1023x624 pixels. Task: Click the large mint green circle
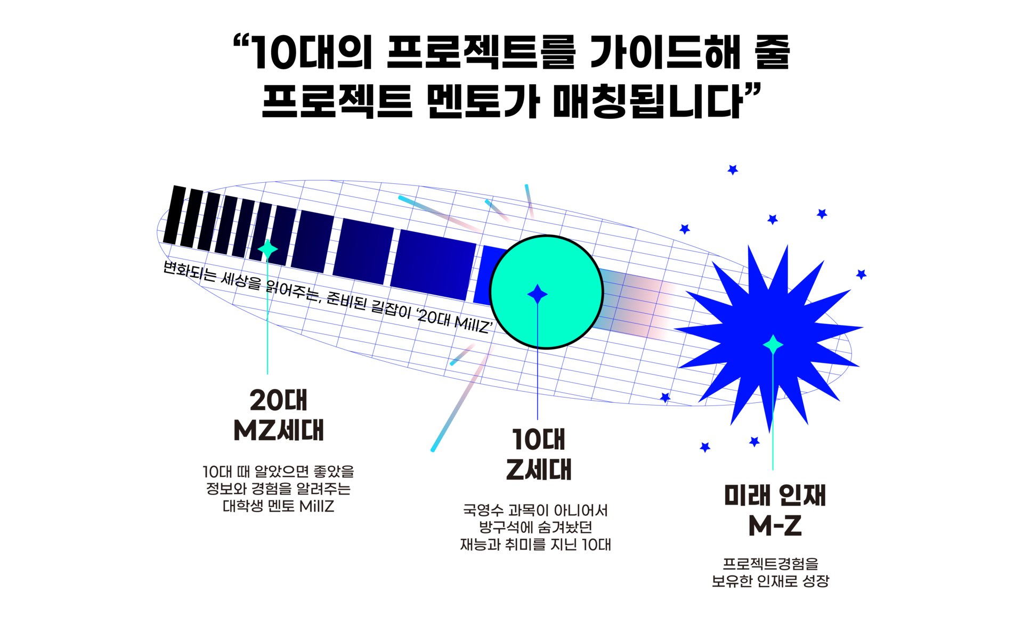546,292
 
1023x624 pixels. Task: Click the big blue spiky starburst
770,336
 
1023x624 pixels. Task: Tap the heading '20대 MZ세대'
279,415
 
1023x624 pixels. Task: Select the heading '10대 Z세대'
538,454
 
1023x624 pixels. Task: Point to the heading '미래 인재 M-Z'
775,510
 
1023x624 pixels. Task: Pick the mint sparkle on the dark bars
267,249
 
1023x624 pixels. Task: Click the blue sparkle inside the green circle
537,294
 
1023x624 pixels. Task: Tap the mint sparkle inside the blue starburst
773,345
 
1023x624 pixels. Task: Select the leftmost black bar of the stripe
174,215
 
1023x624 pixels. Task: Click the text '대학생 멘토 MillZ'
279,506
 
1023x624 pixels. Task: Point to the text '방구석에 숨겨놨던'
535,528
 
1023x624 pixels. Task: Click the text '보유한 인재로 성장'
770,581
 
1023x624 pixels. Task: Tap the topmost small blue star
733,169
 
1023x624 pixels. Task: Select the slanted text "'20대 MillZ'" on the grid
454,321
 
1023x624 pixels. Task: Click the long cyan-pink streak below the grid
461,399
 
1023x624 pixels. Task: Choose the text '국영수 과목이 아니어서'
535,510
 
